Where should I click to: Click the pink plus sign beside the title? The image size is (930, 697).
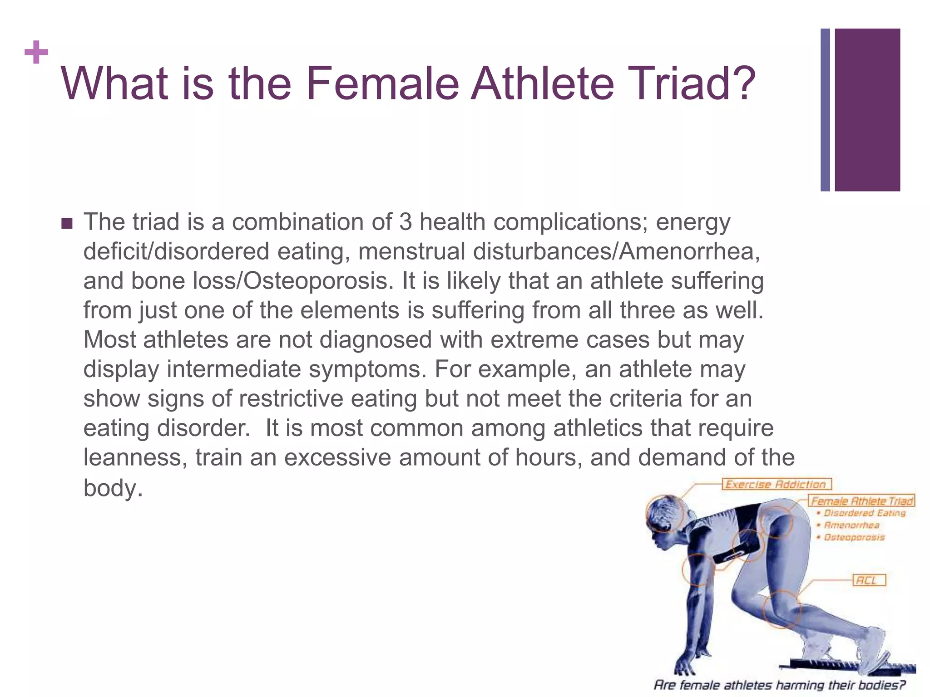(36, 53)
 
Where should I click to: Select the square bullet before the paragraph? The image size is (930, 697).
(67, 224)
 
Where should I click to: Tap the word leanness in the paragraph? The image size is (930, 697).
(135, 457)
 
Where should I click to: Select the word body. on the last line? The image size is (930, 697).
(113, 488)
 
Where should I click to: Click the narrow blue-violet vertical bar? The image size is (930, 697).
(825, 110)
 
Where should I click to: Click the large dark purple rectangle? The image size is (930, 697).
(867, 110)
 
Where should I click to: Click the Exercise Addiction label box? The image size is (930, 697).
(777, 484)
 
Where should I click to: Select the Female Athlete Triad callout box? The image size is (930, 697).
(862, 501)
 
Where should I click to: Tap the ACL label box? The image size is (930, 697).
(869, 580)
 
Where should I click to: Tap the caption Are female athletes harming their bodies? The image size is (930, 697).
(779, 684)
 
